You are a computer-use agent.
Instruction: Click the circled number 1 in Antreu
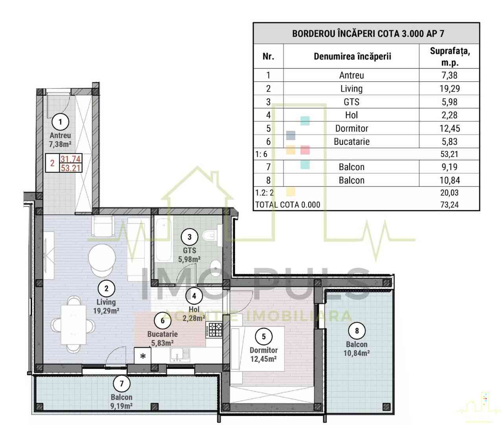(60, 122)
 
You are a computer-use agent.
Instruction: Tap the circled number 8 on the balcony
(357, 331)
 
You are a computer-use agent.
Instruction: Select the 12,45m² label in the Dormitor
(263, 359)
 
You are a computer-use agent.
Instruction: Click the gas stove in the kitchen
(214, 329)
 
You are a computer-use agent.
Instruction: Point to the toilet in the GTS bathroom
(210, 236)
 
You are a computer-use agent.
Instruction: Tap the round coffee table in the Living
(102, 257)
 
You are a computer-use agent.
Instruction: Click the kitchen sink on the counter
(180, 355)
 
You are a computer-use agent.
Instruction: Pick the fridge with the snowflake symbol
(143, 355)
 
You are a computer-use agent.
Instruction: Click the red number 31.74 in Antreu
(70, 159)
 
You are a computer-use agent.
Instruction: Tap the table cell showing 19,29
(449, 89)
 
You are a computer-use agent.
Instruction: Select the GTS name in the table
(351, 102)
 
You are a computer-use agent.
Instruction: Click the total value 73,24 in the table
(449, 205)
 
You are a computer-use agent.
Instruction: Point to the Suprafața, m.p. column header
(450, 57)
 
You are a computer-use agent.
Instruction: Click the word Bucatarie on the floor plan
(162, 334)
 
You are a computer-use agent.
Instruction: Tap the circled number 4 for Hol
(194, 296)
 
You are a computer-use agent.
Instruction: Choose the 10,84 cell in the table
(449, 180)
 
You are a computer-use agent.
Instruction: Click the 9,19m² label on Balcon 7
(121, 406)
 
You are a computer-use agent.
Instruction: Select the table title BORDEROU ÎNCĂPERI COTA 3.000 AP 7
(368, 33)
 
